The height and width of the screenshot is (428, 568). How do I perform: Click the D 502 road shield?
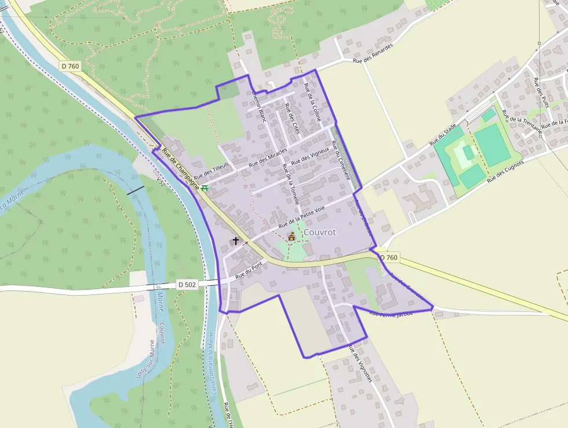point(187,285)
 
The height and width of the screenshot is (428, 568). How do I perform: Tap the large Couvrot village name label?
point(319,232)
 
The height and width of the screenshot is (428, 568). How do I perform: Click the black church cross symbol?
point(236,240)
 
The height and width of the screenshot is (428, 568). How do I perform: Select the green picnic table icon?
point(205,188)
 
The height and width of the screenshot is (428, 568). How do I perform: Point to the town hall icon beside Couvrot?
point(291,237)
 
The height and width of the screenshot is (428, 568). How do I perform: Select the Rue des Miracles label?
point(268,158)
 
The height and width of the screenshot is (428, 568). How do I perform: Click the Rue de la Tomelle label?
point(290,184)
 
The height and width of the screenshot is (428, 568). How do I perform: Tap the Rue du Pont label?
point(250,270)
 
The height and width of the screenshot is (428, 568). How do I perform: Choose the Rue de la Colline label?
point(312,101)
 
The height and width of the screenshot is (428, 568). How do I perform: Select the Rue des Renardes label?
point(373,53)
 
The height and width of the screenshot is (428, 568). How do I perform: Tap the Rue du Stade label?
point(443,134)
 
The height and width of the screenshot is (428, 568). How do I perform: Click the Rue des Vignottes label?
point(360,363)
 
